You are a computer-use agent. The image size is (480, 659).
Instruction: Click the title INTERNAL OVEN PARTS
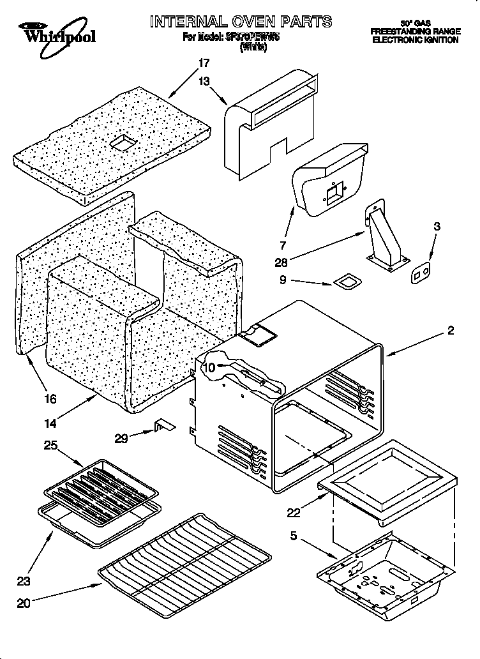click(x=241, y=22)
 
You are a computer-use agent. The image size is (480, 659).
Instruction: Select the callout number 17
click(x=204, y=63)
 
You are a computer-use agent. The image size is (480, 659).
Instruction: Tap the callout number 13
click(x=204, y=81)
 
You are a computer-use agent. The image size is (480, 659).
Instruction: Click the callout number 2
click(x=451, y=330)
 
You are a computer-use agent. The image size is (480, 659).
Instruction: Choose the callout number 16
click(x=50, y=399)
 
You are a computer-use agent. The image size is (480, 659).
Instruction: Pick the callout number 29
click(x=121, y=437)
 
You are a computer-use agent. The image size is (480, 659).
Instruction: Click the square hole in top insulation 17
click(x=121, y=143)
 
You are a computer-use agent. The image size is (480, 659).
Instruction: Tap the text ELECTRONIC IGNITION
click(x=415, y=40)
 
